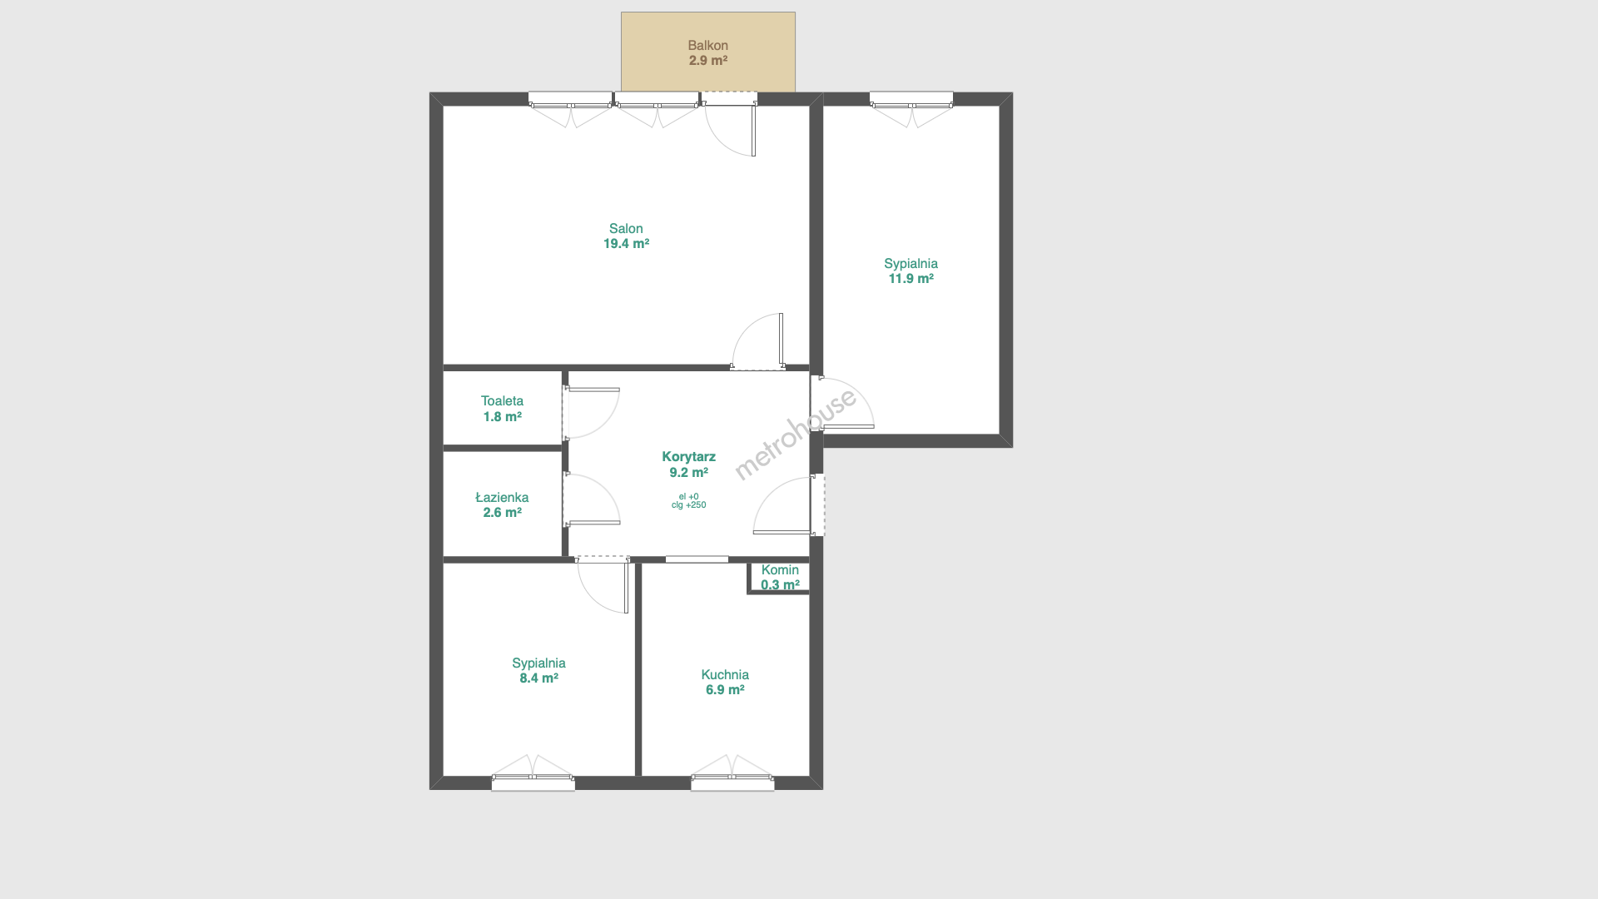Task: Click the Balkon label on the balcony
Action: click(x=707, y=46)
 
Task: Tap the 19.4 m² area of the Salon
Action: click(x=626, y=244)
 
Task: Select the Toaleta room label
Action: click(x=502, y=401)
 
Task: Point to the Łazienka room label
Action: click(x=502, y=497)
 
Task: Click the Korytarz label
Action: click(x=688, y=457)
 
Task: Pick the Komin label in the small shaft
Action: click(x=780, y=570)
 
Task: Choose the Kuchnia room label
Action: click(x=725, y=675)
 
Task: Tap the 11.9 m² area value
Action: click(x=911, y=279)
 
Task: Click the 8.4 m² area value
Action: click(x=538, y=678)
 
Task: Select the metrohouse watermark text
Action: click(x=795, y=435)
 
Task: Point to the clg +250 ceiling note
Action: click(x=688, y=505)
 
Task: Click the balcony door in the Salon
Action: click(x=730, y=125)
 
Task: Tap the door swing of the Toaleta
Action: click(x=591, y=413)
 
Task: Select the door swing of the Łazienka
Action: click(x=591, y=499)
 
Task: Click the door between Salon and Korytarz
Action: click(x=757, y=341)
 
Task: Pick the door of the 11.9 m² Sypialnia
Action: click(x=842, y=403)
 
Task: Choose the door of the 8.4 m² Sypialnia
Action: click(x=603, y=584)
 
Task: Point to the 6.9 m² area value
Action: click(x=725, y=690)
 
